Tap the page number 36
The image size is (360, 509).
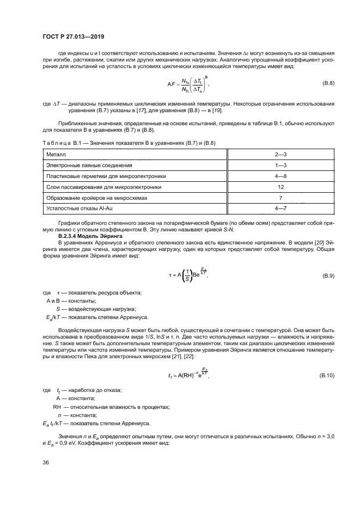[x=46, y=462]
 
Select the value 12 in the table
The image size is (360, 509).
[x=280, y=187]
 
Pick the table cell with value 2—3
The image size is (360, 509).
[x=280, y=155]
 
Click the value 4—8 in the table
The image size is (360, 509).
[x=280, y=176]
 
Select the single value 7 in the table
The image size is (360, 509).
[x=280, y=198]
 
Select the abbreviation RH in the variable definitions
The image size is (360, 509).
[x=57, y=407]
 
